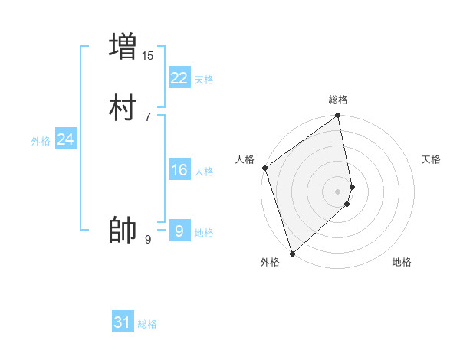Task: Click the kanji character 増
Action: (123, 46)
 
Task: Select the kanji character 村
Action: (123, 109)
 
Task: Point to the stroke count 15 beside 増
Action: (148, 55)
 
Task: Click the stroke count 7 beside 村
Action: (148, 116)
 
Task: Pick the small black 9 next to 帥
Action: (148, 240)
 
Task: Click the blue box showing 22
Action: (179, 78)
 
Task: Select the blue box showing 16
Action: (179, 170)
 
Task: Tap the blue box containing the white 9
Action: (179, 231)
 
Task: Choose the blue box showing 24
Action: (66, 139)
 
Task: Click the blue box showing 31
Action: (123, 322)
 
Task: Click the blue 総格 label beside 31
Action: (147, 324)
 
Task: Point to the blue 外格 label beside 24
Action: (41, 141)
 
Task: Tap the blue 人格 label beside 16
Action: (204, 172)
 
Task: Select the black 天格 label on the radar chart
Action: (432, 159)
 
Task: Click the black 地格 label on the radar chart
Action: (402, 262)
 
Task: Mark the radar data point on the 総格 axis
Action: (338, 116)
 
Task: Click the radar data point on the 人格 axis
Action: (264, 168)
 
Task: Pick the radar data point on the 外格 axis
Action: (292, 253)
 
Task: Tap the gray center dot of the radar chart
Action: (338, 191)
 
